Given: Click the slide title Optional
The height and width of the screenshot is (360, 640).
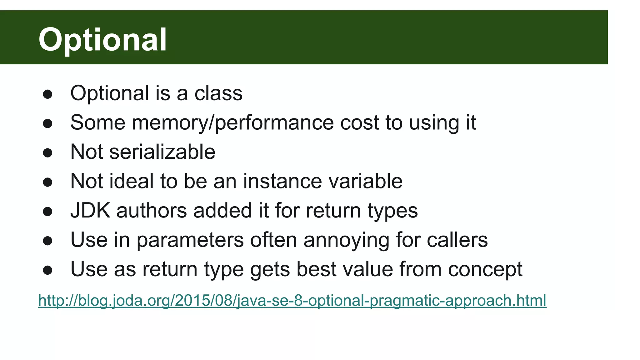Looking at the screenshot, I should tap(102, 39).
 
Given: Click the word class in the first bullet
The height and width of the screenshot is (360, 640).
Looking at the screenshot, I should tap(218, 93).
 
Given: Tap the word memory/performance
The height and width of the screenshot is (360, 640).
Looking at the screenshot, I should tap(232, 122).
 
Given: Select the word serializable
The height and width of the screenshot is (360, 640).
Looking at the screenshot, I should tap(162, 152).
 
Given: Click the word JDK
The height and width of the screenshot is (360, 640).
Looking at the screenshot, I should tap(90, 210).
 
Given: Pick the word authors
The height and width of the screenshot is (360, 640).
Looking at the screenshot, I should tap(152, 210).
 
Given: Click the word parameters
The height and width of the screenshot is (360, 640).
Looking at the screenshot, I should tap(190, 240).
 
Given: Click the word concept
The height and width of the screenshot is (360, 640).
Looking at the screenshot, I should tap(485, 269).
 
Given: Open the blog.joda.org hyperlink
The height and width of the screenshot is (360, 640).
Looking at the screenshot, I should tap(292, 301).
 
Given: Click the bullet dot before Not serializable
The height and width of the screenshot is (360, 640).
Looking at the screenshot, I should tap(47, 153).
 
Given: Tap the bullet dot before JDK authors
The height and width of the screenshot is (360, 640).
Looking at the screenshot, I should tap(47, 212).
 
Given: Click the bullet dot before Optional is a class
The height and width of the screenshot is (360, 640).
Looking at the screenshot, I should tap(47, 94).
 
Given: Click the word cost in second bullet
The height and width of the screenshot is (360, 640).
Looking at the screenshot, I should tap(359, 122).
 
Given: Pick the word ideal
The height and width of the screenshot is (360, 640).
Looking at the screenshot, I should tap(132, 181).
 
